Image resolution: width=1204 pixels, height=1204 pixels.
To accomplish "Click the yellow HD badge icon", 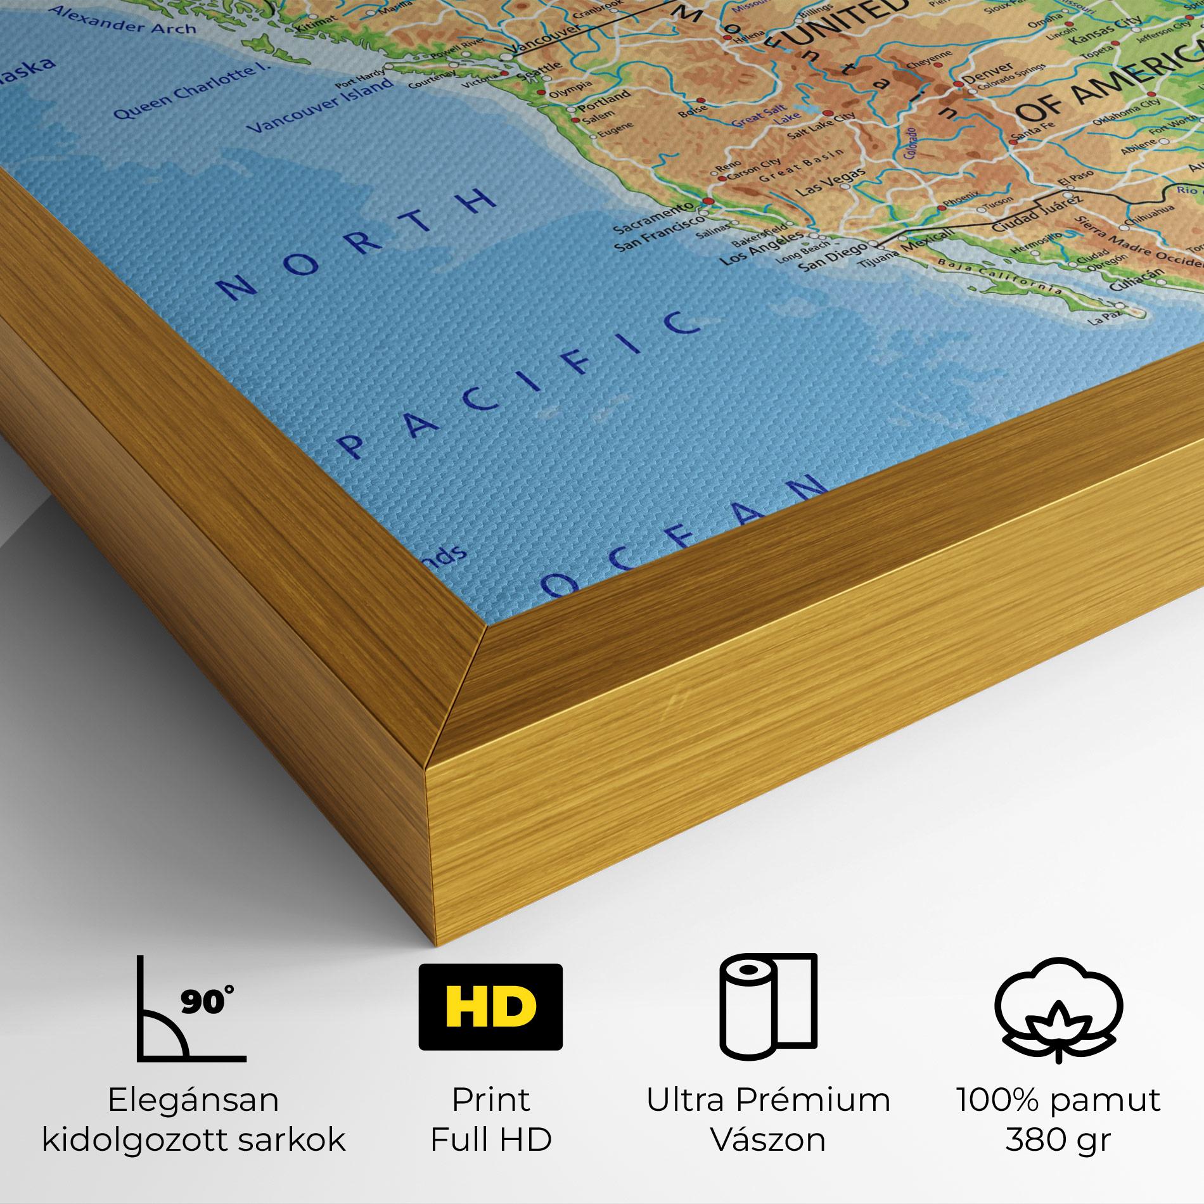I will [490, 1008].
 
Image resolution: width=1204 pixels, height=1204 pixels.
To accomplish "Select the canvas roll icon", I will [767, 1010].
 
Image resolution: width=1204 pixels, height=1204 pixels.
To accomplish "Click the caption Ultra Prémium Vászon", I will [768, 1119].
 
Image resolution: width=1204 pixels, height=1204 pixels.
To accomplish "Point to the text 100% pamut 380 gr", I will [1058, 1119].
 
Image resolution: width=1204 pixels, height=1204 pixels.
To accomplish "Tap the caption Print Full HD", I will [491, 1119].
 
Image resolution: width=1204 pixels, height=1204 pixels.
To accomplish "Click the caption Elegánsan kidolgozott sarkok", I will [193, 1119].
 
